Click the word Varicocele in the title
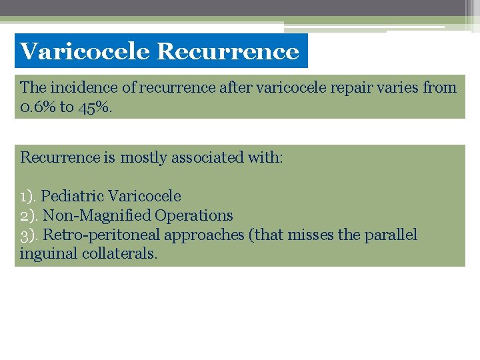point(85,51)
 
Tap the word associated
point(208,158)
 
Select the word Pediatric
point(72,196)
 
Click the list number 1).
point(29,196)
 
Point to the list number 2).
point(29,215)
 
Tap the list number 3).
point(29,235)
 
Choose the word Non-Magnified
point(97,215)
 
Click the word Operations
point(194,215)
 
